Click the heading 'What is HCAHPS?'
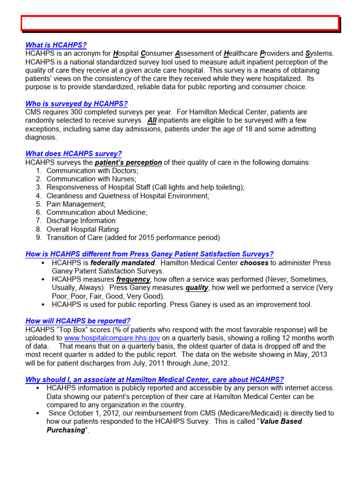pos(56,45)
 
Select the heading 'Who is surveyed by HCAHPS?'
pos(76,104)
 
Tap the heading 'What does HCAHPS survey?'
pos(74,154)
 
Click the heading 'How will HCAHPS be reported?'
pos(78,321)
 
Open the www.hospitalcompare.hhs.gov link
pos(112,338)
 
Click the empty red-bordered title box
pos(180,23)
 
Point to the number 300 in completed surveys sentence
pos(77,112)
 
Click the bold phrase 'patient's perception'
pos(128,163)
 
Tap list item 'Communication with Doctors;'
pos(86,171)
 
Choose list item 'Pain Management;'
pos(76,204)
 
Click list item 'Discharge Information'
pos(81,221)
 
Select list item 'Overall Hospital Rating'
pos(82,229)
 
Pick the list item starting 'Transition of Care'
pos(133,238)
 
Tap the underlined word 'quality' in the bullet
pos(198,288)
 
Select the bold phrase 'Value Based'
pos(281,421)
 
